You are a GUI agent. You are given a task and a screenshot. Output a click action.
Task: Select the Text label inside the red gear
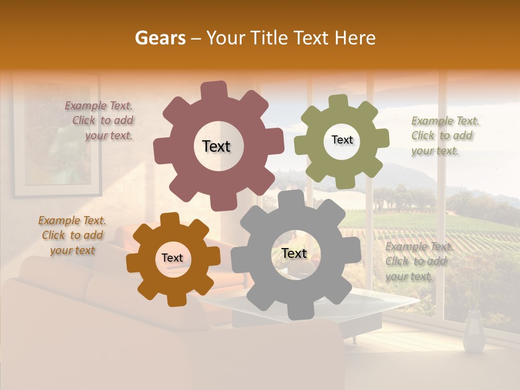(x=216, y=146)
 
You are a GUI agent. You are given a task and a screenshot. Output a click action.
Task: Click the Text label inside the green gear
(x=342, y=140)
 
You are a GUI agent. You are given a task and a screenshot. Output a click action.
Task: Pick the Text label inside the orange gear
(x=172, y=258)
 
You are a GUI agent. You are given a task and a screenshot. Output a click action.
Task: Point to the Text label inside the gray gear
(x=294, y=253)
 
